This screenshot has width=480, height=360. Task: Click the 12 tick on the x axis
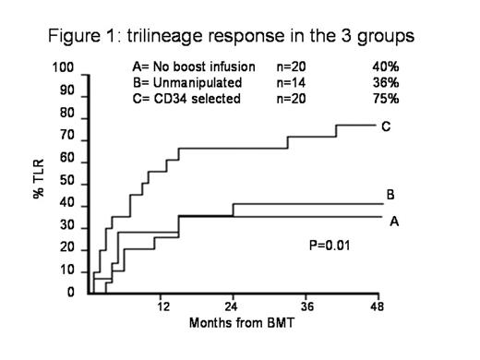click(x=162, y=307)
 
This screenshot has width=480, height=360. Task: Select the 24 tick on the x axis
click(x=234, y=307)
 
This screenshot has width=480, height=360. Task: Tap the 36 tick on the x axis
click(x=306, y=307)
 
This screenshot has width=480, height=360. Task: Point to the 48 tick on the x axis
click(x=378, y=307)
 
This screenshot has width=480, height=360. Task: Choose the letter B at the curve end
click(x=391, y=195)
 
